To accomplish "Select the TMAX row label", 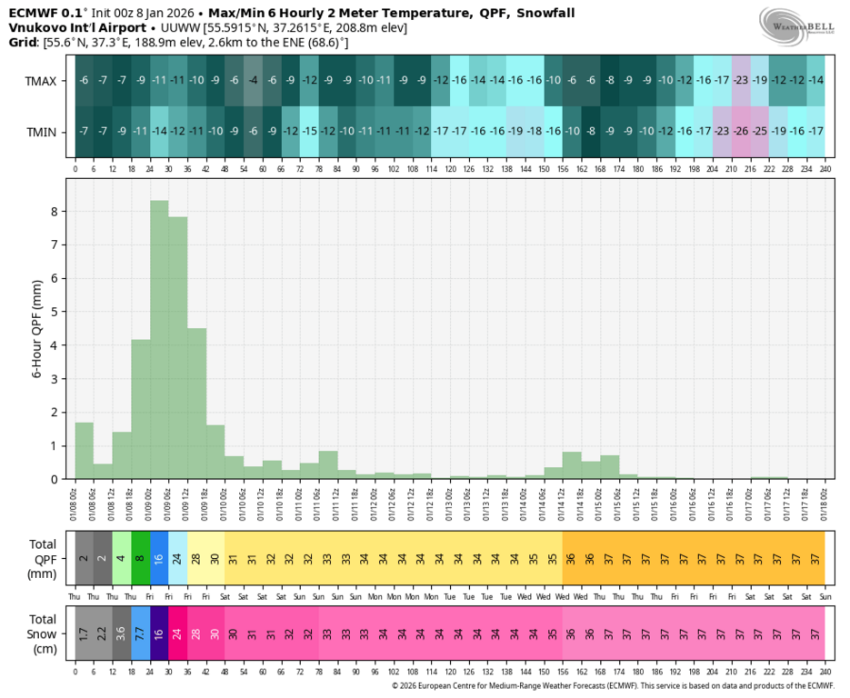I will click(x=41, y=81).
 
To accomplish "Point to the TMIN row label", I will click(x=41, y=132).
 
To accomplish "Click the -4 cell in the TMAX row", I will click(x=253, y=81).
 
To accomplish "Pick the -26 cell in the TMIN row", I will click(x=741, y=132).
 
